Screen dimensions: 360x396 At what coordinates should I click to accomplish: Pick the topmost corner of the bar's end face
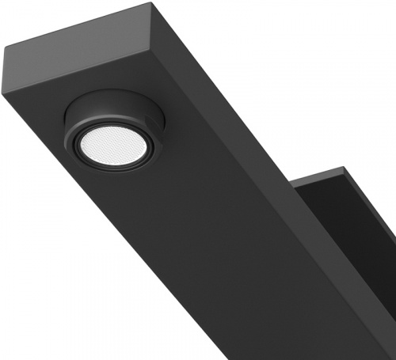coord(150,4)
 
